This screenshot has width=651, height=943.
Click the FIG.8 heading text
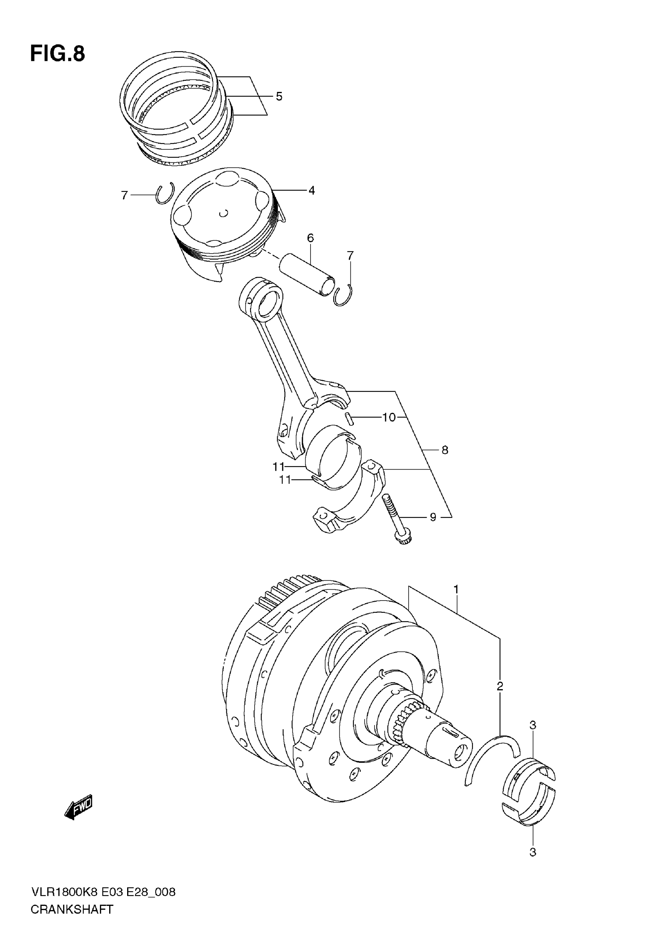point(57,54)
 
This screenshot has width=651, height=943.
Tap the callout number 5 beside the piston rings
point(279,97)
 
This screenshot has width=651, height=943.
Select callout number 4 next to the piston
point(312,190)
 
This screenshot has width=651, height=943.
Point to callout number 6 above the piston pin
point(311,238)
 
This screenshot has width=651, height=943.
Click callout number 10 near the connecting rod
point(389,417)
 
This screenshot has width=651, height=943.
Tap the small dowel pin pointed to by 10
point(350,419)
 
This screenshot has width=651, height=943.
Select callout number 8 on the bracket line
point(445,450)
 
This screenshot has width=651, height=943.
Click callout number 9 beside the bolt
point(433,517)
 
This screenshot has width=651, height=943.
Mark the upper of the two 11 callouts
point(279,466)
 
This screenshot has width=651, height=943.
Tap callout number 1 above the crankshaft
point(456,590)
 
